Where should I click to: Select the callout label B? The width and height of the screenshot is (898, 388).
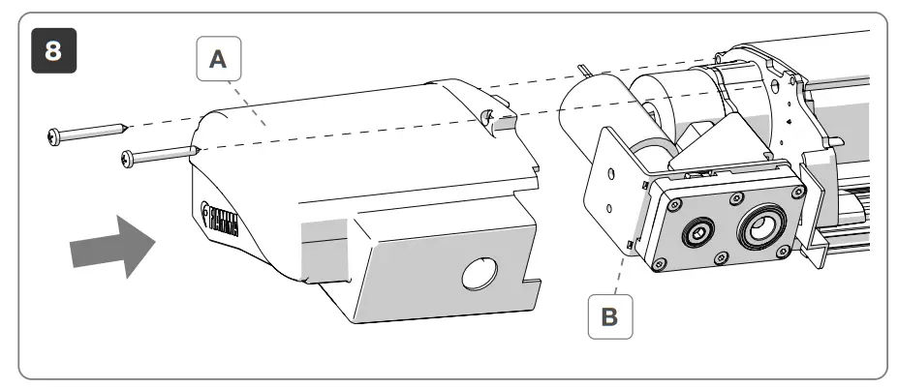[609, 316]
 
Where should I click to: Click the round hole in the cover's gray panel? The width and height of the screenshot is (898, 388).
[480, 276]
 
